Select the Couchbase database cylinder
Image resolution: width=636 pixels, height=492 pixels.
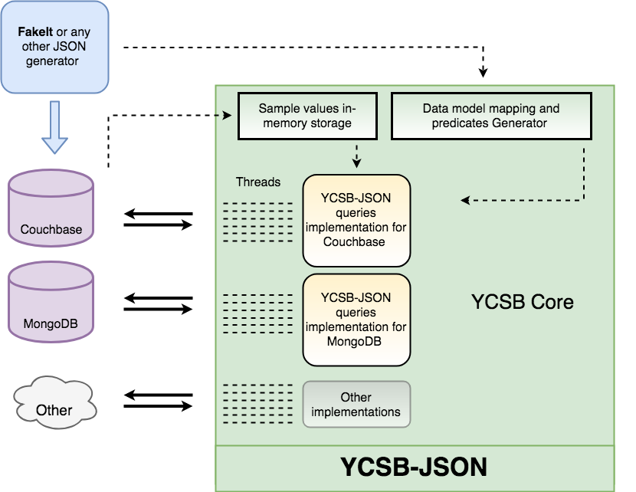point(51,208)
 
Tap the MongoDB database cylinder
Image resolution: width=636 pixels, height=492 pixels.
point(51,304)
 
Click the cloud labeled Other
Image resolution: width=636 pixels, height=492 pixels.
point(54,401)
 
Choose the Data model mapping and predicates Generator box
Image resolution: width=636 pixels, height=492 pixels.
point(490,116)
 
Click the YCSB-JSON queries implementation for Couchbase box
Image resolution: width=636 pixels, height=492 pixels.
point(357,220)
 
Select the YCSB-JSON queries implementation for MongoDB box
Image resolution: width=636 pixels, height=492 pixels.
point(357,320)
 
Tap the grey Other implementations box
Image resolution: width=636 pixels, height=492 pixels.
point(357,404)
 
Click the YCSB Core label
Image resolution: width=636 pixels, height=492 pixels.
point(522,302)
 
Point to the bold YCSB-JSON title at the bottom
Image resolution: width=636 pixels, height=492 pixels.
point(414,467)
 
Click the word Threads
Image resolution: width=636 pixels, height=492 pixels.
point(258,182)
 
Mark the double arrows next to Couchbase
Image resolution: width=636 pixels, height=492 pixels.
point(158,219)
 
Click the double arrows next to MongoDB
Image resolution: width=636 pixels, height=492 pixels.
point(158,303)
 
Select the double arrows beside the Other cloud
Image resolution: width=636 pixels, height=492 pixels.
point(158,400)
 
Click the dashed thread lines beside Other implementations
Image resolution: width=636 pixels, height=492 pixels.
point(257,400)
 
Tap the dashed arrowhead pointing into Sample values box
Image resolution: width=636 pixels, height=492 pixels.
point(228,116)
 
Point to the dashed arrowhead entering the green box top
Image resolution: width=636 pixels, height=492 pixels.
point(483,73)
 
